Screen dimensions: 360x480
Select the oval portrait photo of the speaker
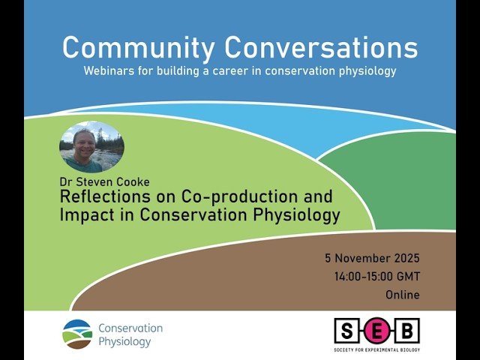[x=91, y=148]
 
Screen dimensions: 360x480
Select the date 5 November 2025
[x=372, y=258]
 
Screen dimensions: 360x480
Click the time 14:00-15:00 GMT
[x=376, y=277]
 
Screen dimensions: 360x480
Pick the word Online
[x=402, y=295]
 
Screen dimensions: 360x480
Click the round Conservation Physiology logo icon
[x=77, y=334]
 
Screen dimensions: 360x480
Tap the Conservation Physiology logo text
[x=130, y=334]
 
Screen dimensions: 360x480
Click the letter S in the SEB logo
[x=346, y=331]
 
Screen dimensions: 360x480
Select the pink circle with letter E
[x=376, y=331]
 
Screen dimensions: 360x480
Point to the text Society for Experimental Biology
[x=376, y=349]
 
